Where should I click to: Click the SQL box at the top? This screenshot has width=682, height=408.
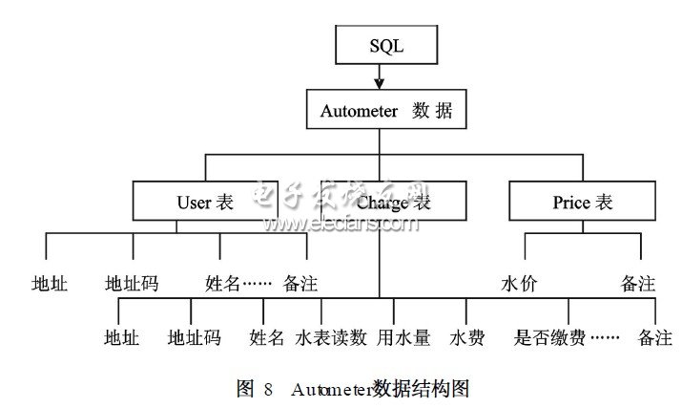pyautogui.click(x=380, y=45)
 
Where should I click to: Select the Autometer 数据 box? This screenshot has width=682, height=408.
pyautogui.click(x=380, y=110)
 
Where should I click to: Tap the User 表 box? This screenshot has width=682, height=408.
pyautogui.click(x=205, y=202)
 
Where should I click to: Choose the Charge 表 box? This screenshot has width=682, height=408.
pyautogui.click(x=393, y=202)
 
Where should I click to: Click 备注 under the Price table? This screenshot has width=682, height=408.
pyautogui.click(x=637, y=284)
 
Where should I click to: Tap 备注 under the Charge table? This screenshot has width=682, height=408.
pyautogui.click(x=654, y=337)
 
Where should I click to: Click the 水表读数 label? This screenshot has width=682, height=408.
pyautogui.click(x=331, y=337)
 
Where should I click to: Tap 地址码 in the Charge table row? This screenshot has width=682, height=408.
pyautogui.click(x=194, y=337)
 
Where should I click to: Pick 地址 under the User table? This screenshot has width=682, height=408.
pyautogui.click(x=49, y=284)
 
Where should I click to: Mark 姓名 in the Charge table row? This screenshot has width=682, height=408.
pyautogui.click(x=267, y=337)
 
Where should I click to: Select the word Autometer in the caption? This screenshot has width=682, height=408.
pyautogui.click(x=330, y=389)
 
